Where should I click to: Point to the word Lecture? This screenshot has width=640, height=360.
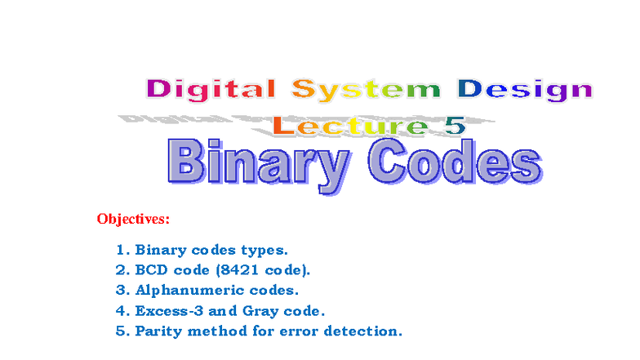coord(349,126)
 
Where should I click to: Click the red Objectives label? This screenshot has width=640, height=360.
coord(133,219)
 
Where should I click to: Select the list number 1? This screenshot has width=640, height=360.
coord(122,250)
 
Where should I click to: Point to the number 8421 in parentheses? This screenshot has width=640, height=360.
coord(253,269)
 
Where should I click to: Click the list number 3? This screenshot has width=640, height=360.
coord(122,290)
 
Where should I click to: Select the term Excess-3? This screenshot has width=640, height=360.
coord(167,310)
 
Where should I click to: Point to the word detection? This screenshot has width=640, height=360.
coord(371,331)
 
